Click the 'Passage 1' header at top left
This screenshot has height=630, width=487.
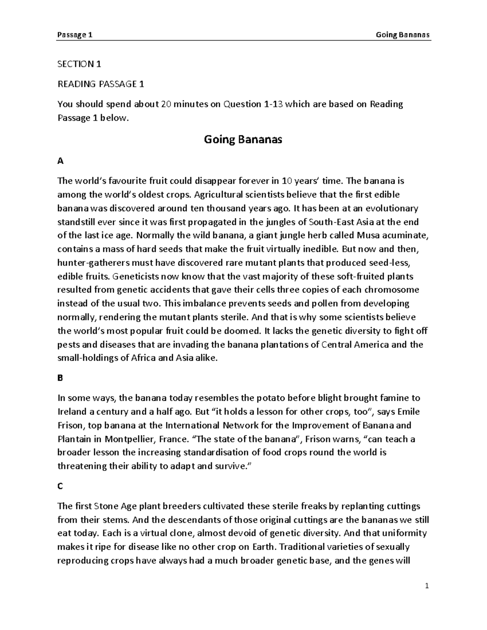(75, 35)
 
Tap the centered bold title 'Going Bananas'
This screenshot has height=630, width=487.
(243, 140)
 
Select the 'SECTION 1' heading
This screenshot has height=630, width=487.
(79, 64)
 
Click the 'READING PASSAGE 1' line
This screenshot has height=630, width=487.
(101, 84)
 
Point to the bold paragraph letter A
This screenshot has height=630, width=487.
(61, 161)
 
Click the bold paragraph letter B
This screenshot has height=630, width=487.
(60, 378)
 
